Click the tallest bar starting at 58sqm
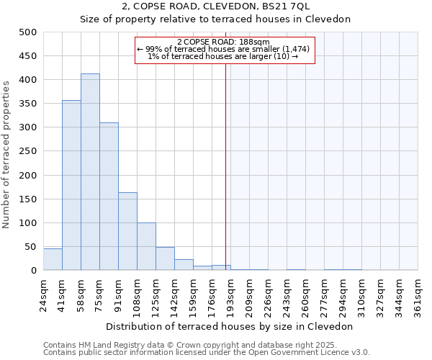[90, 172]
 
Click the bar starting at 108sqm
[146, 246]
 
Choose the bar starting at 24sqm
[53, 259]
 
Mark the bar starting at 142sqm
[184, 265]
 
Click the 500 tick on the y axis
[28, 32]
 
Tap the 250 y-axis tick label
[28, 151]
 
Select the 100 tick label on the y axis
[28, 223]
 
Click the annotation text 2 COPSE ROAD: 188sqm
[223, 42]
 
